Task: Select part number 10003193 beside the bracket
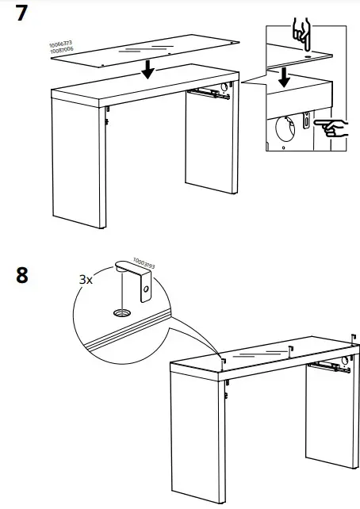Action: [x=144, y=262]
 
